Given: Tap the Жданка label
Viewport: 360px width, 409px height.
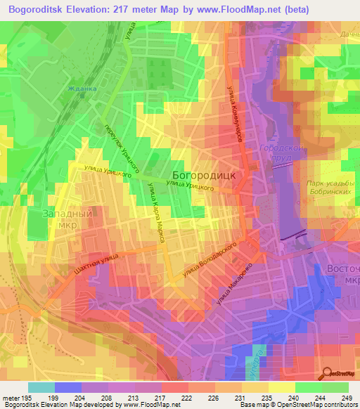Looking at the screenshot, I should [x=82, y=89].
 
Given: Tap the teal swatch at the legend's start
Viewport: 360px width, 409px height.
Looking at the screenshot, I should [x=41, y=387].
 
